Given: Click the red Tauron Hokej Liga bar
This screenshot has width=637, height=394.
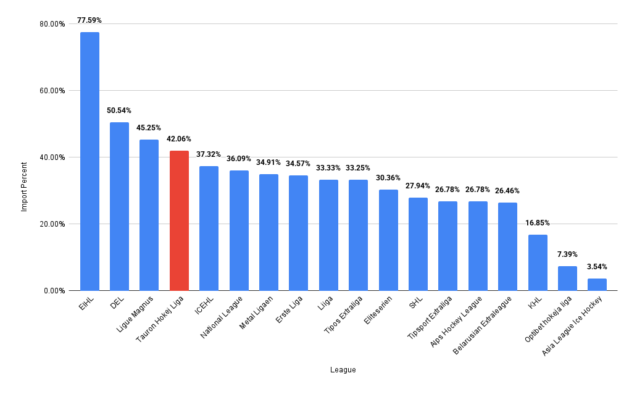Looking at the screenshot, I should [179, 220].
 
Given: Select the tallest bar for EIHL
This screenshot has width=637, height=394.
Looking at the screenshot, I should [90, 161].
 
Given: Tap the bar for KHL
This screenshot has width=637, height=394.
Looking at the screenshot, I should [538, 262].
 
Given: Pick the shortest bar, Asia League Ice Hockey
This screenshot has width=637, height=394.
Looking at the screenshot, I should [597, 285].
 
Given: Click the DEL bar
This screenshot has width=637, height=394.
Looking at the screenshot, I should [119, 206].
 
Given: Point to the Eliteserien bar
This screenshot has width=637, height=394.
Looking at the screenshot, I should [388, 240].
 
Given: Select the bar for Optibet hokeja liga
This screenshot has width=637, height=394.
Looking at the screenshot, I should [567, 279].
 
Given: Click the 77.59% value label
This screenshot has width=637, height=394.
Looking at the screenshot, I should [90, 20].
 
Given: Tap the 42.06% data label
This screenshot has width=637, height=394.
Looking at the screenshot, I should [179, 139].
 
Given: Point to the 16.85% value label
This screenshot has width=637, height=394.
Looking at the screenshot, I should [538, 223].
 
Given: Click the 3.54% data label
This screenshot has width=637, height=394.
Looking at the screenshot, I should [597, 267].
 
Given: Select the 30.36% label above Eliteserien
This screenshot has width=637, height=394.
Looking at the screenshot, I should [388, 178].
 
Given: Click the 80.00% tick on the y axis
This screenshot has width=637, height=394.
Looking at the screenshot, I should [52, 24].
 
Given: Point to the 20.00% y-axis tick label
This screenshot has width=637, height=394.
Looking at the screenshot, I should [52, 224].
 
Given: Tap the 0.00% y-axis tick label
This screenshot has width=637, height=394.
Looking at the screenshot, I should [54, 291].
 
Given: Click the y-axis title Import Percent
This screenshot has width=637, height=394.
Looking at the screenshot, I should [25, 187].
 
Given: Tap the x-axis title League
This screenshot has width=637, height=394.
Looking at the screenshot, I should [343, 370].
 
